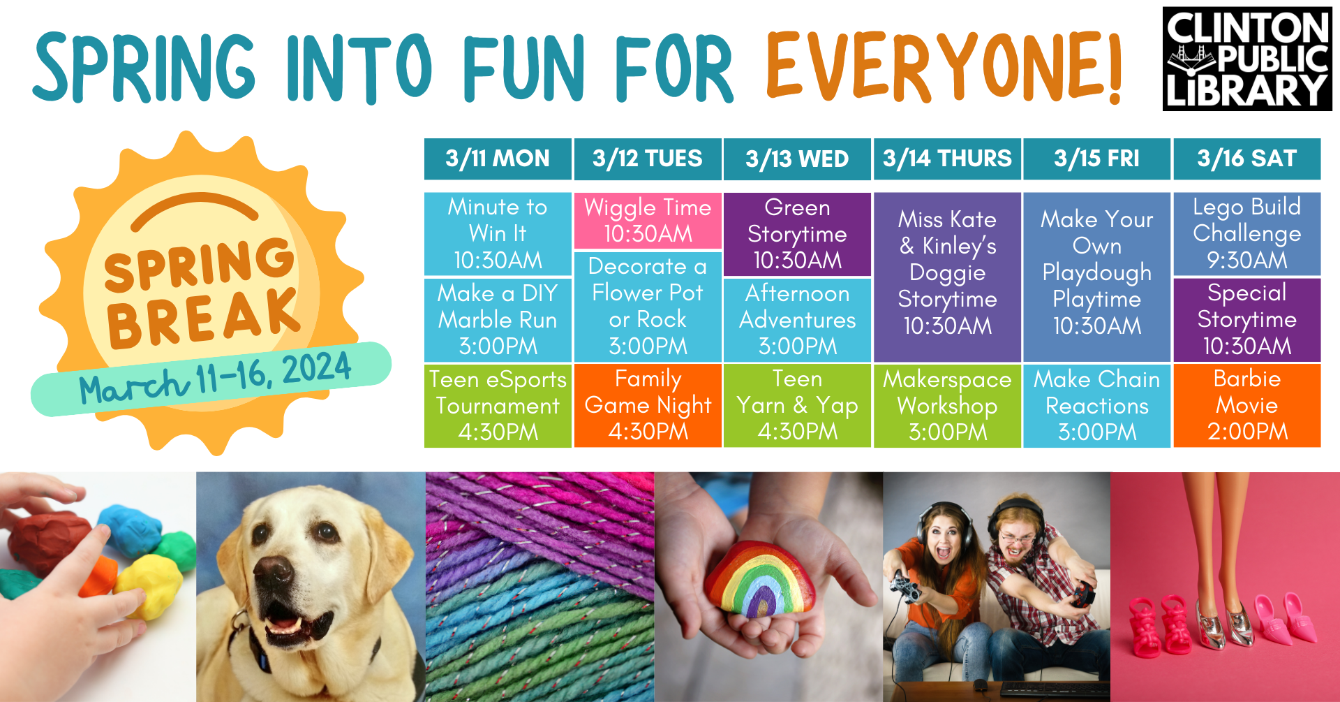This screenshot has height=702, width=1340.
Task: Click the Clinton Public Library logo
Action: pos(1247,59)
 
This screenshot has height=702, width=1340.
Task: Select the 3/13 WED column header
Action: pos(797,159)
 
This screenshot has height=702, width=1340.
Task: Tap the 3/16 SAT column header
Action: pos(1246,159)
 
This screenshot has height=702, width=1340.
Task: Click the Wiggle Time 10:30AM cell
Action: pos(647,221)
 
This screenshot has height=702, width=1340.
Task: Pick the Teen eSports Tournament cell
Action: pos(498,405)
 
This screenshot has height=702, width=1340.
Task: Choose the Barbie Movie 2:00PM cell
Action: pos(1246,405)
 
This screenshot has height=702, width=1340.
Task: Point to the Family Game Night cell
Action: pos(647,405)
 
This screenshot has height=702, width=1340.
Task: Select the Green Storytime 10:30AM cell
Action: pos(797,234)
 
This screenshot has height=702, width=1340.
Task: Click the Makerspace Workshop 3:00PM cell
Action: pos(947,405)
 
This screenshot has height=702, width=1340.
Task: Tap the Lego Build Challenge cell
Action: pos(1246,233)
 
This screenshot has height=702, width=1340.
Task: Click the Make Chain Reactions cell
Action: pos(1096,405)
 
